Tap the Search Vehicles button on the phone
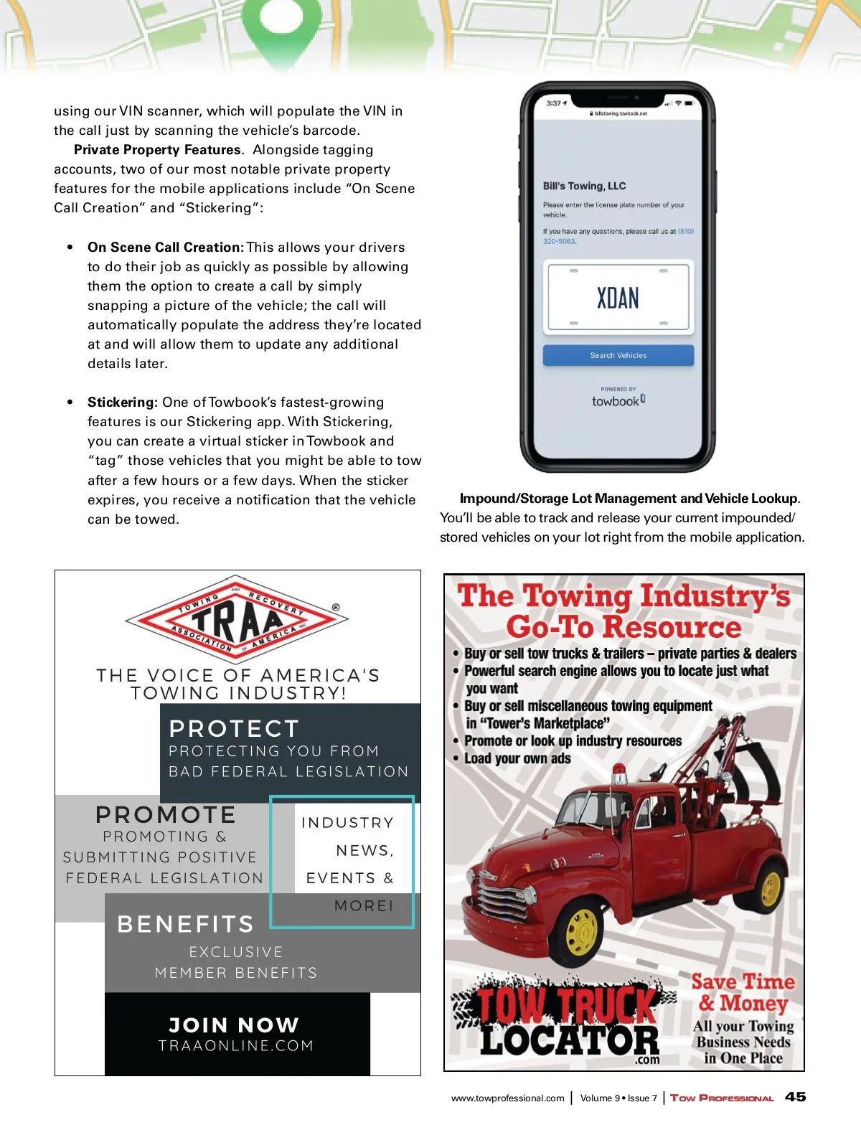click(x=618, y=355)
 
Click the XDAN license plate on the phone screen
click(x=618, y=298)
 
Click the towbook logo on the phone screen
click(x=618, y=400)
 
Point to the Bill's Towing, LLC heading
click(x=584, y=186)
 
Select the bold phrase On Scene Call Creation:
click(x=166, y=248)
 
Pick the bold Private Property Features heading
click(x=158, y=150)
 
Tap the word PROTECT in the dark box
click(x=234, y=729)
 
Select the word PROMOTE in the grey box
click(x=166, y=815)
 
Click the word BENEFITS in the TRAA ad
click(x=186, y=924)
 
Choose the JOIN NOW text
click(x=234, y=1025)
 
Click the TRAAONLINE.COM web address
click(x=236, y=1046)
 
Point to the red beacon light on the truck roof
click(x=618, y=774)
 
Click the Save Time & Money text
click(x=743, y=992)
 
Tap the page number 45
click(x=795, y=1097)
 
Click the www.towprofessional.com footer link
click(x=507, y=1098)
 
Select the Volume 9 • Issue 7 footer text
click(x=618, y=1098)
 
